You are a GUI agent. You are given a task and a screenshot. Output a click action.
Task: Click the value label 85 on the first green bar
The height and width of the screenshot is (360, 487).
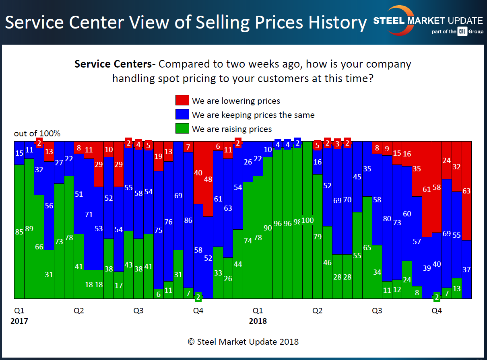pyautogui.click(x=19, y=232)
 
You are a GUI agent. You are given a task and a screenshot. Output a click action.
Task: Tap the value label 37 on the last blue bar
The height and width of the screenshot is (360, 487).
pyautogui.click(x=466, y=270)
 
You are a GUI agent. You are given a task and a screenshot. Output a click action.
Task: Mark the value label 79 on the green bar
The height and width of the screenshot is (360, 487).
pyautogui.click(x=318, y=237)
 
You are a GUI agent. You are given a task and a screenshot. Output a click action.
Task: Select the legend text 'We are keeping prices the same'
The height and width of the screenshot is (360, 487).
pyautogui.click(x=253, y=115)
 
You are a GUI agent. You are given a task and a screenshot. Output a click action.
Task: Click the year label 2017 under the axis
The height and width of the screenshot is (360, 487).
pyautogui.click(x=19, y=321)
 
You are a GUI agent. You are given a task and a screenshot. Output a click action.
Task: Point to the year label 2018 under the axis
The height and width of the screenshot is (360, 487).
pyautogui.click(x=258, y=321)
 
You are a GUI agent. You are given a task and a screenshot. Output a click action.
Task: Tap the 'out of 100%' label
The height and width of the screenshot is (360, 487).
pyautogui.click(x=37, y=134)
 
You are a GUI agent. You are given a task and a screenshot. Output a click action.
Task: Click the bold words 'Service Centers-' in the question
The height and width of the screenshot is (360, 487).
pyautogui.click(x=115, y=64)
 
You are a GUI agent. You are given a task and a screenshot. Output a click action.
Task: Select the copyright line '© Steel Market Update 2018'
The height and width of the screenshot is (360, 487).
pyautogui.click(x=243, y=342)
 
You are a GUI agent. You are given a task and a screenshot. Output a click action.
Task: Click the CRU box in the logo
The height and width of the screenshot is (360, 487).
pyautogui.click(x=462, y=31)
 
